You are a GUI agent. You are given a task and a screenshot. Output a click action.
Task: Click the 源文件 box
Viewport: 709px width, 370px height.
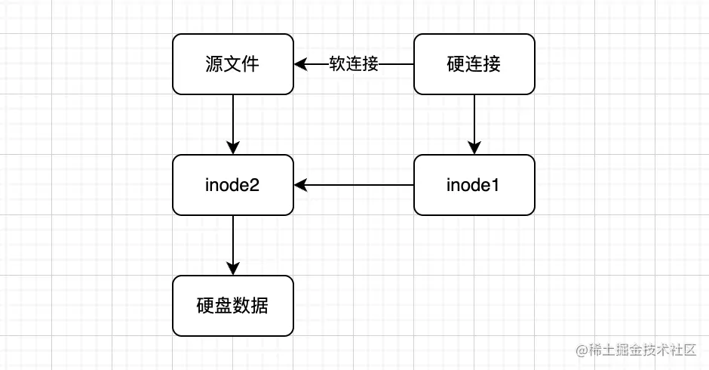pyautogui.click(x=232, y=64)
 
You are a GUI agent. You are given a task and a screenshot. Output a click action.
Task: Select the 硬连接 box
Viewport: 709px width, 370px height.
pyautogui.click(x=474, y=64)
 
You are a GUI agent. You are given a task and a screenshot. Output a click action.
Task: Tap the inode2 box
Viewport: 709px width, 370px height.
pyautogui.click(x=232, y=185)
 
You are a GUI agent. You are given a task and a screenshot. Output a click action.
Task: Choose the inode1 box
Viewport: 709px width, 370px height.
pyautogui.click(x=474, y=185)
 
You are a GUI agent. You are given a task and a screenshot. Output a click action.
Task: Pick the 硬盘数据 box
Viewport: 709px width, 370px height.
pyautogui.click(x=232, y=306)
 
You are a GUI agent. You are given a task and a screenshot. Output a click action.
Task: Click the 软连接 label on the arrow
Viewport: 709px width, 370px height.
pyautogui.click(x=354, y=64)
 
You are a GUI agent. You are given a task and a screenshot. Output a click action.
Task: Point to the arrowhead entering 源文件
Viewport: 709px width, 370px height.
pyautogui.click(x=300, y=64)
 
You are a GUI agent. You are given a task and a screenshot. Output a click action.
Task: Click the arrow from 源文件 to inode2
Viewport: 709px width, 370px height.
pyautogui.click(x=233, y=121)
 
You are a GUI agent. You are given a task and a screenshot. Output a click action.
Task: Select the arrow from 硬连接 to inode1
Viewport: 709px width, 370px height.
pyautogui.click(x=474, y=121)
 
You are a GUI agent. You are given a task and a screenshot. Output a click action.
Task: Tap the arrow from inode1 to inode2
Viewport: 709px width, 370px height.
pyautogui.click(x=354, y=185)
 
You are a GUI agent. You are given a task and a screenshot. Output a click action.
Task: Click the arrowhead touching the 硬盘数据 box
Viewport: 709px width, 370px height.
pyautogui.click(x=233, y=269)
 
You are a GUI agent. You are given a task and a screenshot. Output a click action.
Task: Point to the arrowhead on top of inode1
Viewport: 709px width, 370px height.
pyautogui.click(x=474, y=148)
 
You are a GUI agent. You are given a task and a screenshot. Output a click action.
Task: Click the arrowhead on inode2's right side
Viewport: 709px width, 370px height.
pyautogui.click(x=300, y=185)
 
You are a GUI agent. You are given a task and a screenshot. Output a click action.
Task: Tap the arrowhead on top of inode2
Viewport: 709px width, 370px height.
pyautogui.click(x=233, y=148)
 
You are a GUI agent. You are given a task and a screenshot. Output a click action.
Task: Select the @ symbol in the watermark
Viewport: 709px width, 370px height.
pyautogui.click(x=582, y=350)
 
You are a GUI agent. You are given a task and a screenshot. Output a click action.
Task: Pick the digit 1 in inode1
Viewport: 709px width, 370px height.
pyautogui.click(x=497, y=185)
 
